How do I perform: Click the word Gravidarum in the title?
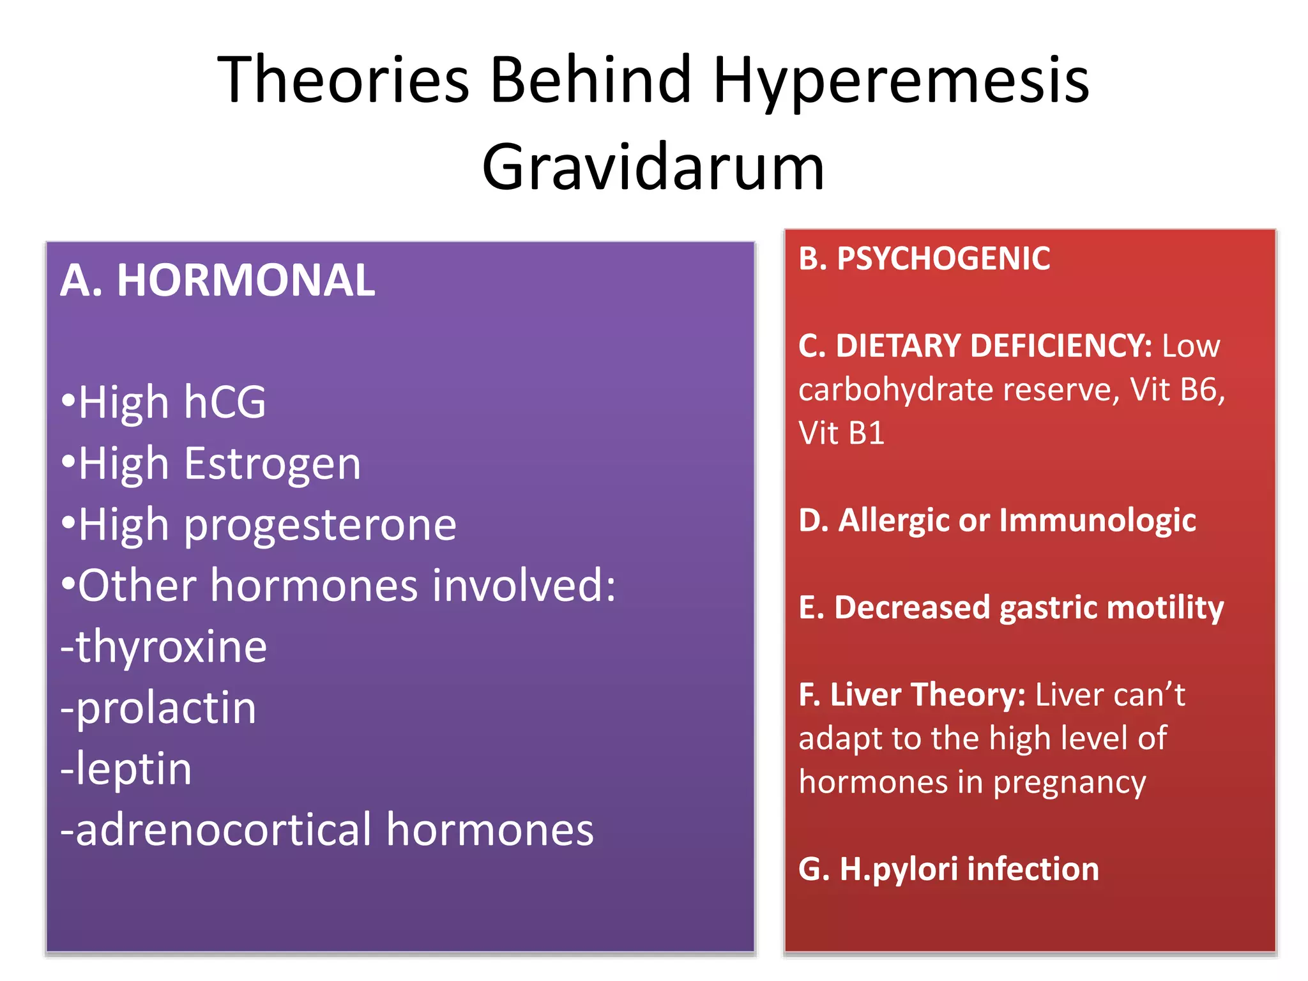pos(653,167)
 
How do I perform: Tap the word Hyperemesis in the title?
pos(901,80)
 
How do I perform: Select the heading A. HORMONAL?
pos(218,281)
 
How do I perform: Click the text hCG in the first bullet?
pos(225,402)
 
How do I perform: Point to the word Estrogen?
pos(273,464)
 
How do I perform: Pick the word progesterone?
pos(321,525)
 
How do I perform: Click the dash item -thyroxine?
pos(163,647)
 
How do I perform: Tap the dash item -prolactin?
pos(158,708)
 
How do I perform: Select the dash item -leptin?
pos(126,768)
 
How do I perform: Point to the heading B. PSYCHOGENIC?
pos(924,259)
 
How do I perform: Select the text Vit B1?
pos(841,433)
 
